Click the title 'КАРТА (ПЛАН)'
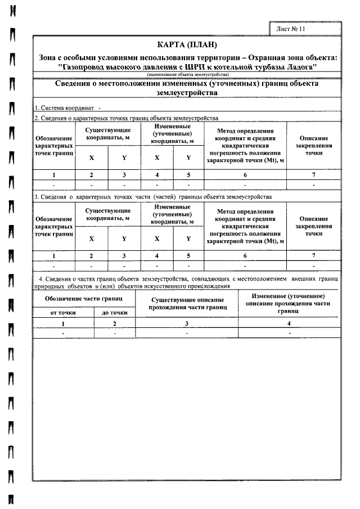188,45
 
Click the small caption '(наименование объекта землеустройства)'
188,74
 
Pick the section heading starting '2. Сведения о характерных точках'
127,118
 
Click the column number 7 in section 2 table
314,175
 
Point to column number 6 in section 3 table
245,256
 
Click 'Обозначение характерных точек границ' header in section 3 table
54,225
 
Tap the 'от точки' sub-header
64,313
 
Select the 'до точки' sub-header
114,313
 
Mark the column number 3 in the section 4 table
187,323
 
